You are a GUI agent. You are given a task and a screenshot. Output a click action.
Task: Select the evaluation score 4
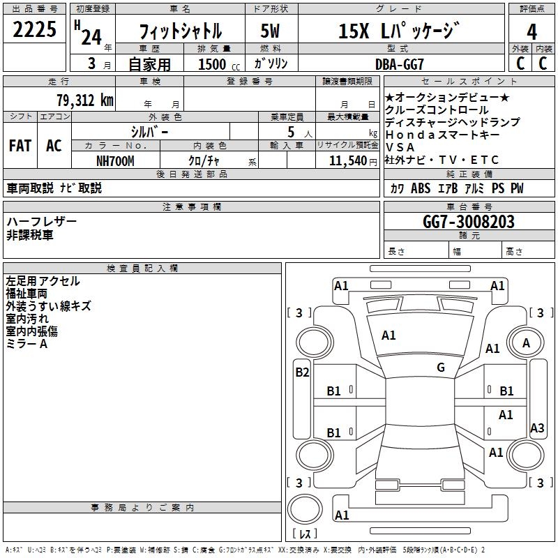tap(532, 31)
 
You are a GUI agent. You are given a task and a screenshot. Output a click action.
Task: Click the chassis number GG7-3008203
tap(468, 222)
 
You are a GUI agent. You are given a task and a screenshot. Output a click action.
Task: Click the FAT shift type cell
tap(20, 146)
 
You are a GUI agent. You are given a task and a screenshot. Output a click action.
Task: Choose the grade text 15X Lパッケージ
tap(399, 31)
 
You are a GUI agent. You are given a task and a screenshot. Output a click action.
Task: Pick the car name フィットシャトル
tap(181, 31)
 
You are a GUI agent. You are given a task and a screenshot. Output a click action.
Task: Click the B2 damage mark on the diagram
tap(302, 372)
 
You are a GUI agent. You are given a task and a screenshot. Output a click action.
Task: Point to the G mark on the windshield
tap(441, 368)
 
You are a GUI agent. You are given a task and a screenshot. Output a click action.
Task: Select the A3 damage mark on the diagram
tap(537, 428)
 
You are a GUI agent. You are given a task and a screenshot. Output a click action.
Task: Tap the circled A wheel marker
tap(527, 343)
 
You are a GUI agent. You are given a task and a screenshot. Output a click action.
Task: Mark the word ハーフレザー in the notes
tap(42, 221)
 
